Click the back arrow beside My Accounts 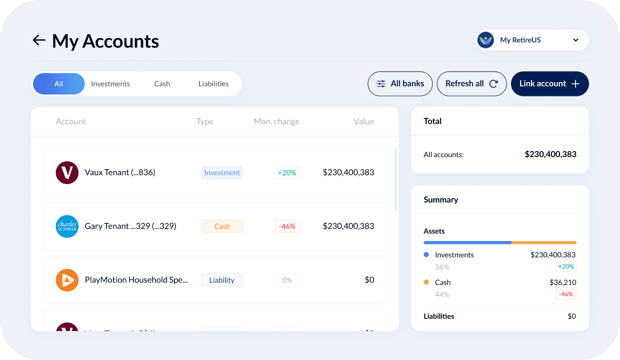coord(39,40)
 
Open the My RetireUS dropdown coord(531,40)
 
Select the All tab coord(59,84)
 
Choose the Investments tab coord(110,84)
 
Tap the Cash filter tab coord(162,84)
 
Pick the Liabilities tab coord(213,84)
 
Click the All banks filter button coord(400,84)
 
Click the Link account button coord(549,84)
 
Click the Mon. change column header coord(276,121)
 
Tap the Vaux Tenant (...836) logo coord(67,172)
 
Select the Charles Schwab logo coord(67,226)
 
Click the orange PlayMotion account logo coord(67,280)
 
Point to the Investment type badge coord(222,172)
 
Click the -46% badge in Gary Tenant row coord(287,226)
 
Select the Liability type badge coord(222,280)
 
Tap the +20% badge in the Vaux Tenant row coord(287,172)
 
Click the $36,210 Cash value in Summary coord(562,282)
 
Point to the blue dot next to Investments coord(426,255)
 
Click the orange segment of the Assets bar coord(544,242)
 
